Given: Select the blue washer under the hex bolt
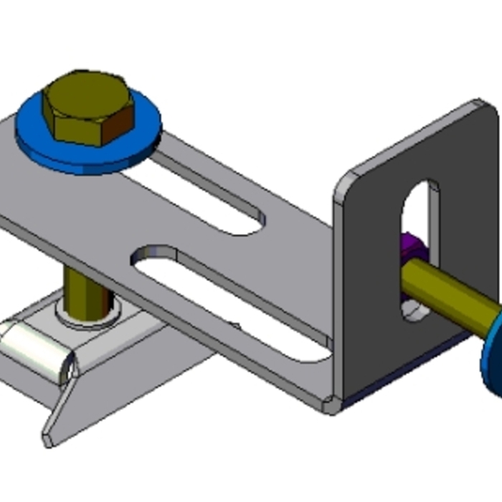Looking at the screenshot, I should pos(43,147).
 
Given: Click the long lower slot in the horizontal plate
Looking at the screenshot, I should pos(229,301).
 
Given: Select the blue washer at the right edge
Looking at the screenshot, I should pos(493,359).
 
